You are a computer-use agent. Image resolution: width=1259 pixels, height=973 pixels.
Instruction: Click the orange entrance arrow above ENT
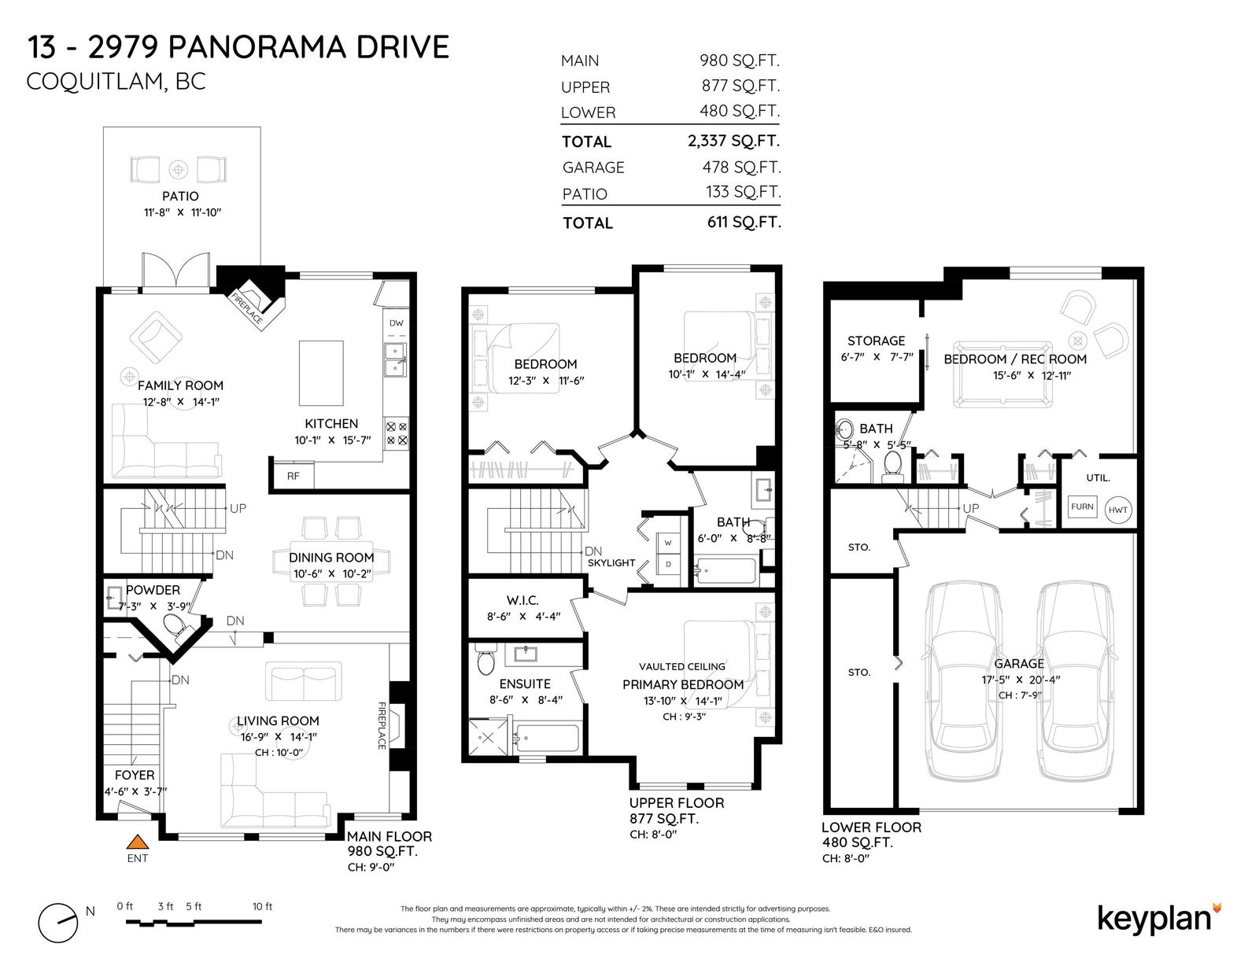tap(138, 842)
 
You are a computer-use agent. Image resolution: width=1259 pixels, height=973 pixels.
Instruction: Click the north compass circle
tap(58, 923)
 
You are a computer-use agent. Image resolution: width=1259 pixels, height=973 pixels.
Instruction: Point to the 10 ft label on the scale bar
tap(262, 906)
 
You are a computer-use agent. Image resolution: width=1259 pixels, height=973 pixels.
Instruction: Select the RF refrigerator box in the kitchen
tap(294, 476)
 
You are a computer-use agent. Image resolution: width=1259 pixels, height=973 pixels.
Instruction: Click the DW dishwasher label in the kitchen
tap(397, 323)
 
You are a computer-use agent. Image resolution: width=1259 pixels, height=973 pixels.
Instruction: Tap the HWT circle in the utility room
tap(1117, 510)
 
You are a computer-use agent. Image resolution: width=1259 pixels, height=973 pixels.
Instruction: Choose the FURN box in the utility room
tap(1082, 507)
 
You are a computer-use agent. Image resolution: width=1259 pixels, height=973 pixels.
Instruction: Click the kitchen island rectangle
tap(321, 373)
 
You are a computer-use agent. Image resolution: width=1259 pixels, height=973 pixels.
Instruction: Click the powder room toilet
tap(175, 626)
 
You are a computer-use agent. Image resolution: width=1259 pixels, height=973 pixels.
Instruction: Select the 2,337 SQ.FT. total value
tap(733, 141)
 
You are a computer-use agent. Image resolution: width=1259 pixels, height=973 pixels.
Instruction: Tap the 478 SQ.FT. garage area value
tap(741, 168)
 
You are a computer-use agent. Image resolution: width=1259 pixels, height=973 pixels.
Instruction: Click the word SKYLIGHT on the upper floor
tap(611, 563)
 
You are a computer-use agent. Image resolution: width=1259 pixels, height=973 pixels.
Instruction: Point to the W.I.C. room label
tap(522, 601)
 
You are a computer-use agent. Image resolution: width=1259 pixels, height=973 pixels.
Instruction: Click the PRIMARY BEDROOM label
tap(683, 684)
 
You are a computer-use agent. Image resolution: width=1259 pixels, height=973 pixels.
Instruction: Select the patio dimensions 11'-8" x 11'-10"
tap(183, 212)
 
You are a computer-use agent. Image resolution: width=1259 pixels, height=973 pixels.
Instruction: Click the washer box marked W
tap(668, 543)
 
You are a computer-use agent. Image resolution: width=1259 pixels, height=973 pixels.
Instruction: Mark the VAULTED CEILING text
tap(682, 666)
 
